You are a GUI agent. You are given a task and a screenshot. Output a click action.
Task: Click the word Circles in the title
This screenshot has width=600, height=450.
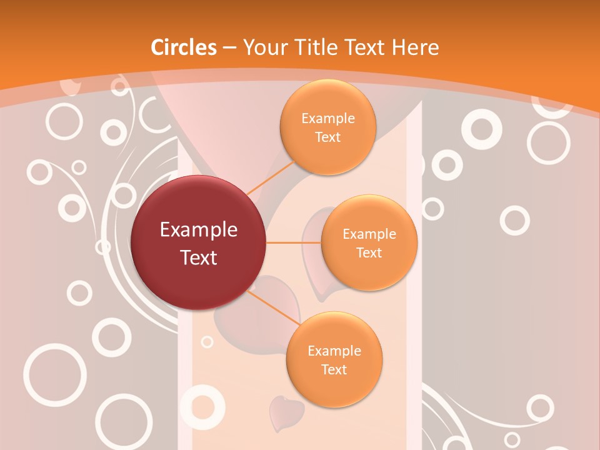pos(183,47)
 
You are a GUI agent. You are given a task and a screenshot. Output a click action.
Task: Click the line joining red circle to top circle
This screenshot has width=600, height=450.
pos(271,177)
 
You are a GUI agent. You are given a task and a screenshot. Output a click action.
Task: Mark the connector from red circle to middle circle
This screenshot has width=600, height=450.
pos(293,242)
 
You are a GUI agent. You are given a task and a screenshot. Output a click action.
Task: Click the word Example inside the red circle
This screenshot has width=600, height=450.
pos(199,230)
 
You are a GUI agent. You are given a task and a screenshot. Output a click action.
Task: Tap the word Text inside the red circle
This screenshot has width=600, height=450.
pos(199,257)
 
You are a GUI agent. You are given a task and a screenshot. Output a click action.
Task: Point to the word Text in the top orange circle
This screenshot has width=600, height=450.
pos(327,137)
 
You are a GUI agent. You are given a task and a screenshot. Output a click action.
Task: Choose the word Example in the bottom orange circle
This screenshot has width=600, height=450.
pos(334,351)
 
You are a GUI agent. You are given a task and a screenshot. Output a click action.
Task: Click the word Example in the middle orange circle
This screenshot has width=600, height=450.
pos(369,234)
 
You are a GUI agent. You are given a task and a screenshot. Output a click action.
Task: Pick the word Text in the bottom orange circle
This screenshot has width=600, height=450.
pos(334,369)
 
